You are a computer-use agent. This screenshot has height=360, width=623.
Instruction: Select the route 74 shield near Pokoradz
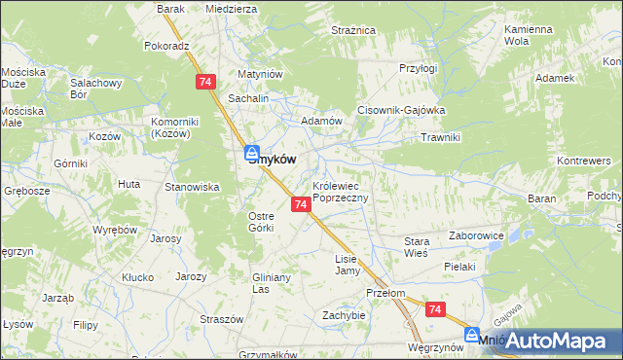click(204, 83)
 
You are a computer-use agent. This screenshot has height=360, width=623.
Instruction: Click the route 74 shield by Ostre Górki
click(301, 204)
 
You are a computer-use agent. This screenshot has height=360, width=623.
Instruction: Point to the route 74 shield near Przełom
click(435, 309)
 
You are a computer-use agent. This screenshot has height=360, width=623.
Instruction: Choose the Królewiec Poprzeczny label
click(340, 191)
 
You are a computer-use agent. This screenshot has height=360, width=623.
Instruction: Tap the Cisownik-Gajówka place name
click(401, 111)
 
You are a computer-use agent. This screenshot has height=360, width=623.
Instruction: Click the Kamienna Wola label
click(530, 36)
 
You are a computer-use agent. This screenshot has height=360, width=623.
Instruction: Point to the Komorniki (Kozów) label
click(175, 127)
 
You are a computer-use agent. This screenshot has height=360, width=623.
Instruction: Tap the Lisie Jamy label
click(348, 265)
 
